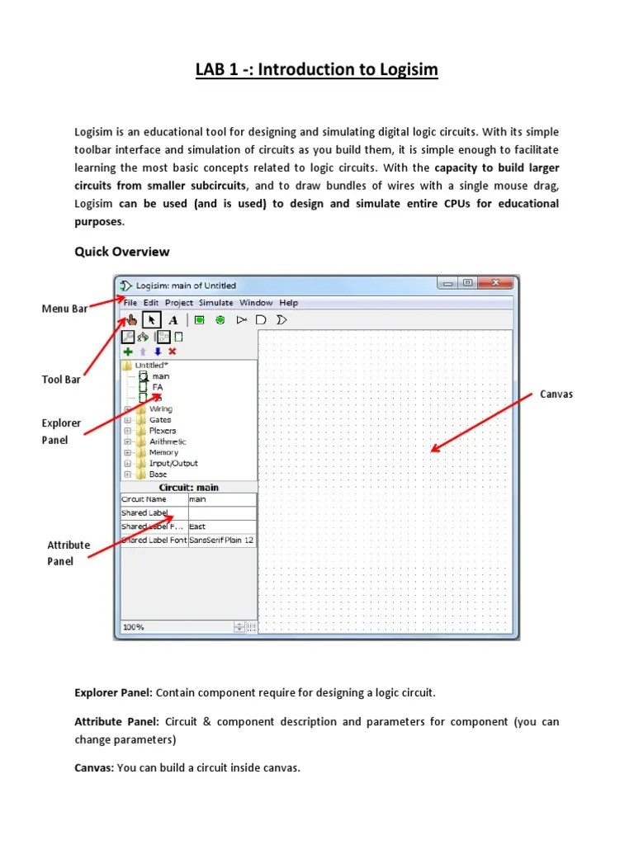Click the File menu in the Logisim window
(x=130, y=303)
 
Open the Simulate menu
(x=215, y=303)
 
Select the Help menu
(x=288, y=303)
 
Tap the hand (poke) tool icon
(x=130, y=319)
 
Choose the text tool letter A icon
(x=173, y=320)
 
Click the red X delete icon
(x=172, y=351)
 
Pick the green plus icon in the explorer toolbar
(x=128, y=351)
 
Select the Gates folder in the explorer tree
(x=160, y=420)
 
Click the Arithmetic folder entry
(x=168, y=441)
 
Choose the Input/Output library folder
(x=173, y=464)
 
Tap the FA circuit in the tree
(x=158, y=387)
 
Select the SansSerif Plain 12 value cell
(x=221, y=541)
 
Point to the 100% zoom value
(x=134, y=627)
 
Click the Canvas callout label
(x=556, y=394)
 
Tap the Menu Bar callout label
(x=64, y=309)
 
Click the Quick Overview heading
(x=122, y=252)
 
